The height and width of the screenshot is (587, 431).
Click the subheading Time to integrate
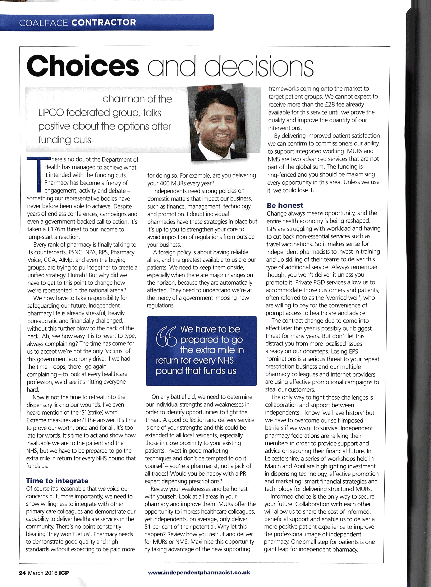click(x=57, y=481)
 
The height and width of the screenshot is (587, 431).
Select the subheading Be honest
click(x=285, y=205)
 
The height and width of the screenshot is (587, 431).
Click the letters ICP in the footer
click(x=64, y=573)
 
